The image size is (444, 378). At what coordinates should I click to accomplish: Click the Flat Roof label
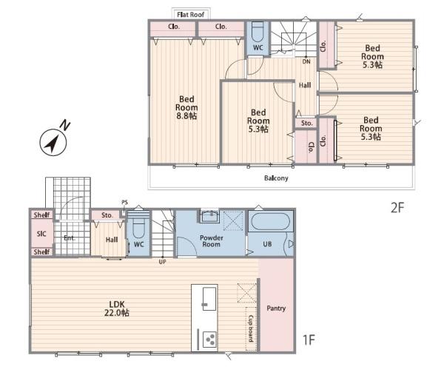(191, 15)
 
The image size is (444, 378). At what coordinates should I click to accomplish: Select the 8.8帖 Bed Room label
(186, 107)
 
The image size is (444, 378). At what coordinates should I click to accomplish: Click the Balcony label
(276, 178)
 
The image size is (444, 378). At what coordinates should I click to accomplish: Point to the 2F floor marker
(397, 208)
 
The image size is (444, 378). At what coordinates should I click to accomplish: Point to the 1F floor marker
(309, 340)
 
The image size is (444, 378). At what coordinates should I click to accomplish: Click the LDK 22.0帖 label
(117, 308)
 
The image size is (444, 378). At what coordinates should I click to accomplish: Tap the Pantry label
(276, 308)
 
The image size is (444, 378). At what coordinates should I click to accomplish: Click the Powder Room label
(212, 241)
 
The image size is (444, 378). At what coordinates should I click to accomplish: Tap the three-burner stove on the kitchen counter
(210, 340)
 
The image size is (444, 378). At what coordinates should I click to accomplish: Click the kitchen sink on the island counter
(209, 299)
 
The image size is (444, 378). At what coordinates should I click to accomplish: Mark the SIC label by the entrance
(41, 234)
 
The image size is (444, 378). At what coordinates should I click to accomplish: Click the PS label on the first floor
(124, 203)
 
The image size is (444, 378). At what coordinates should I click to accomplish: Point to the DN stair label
(306, 61)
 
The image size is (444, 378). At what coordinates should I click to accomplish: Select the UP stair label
(162, 262)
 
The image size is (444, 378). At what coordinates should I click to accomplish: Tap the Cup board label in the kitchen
(251, 328)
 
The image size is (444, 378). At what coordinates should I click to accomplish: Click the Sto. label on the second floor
(307, 124)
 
